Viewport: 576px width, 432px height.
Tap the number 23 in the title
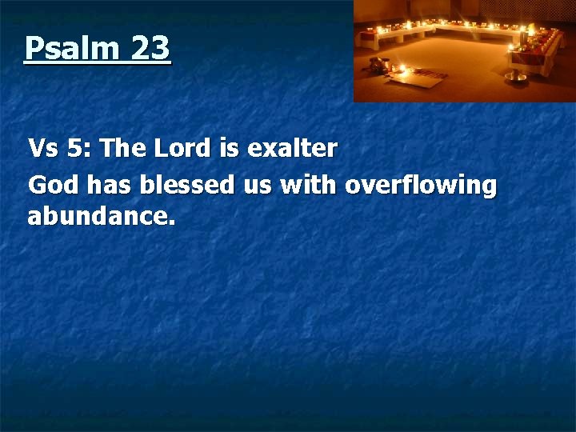click(x=150, y=49)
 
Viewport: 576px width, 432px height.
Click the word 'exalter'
click(x=292, y=149)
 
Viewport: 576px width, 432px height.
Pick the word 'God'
click(x=53, y=186)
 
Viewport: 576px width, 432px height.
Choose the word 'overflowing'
click(x=421, y=186)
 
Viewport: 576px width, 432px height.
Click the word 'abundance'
click(x=98, y=216)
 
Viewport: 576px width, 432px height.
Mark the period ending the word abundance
click(x=171, y=222)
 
